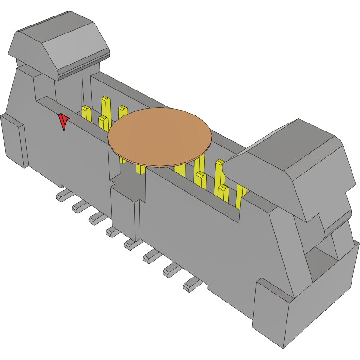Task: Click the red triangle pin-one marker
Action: (x=63, y=122)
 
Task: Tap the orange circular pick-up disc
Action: (x=160, y=137)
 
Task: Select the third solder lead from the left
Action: (x=97, y=217)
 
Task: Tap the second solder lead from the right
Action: (x=172, y=270)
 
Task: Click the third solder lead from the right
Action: (x=152, y=256)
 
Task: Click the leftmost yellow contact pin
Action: (x=87, y=113)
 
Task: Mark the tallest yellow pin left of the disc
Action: (x=106, y=106)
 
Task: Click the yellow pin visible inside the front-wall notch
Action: (x=140, y=169)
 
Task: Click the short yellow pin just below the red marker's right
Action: (x=103, y=123)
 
